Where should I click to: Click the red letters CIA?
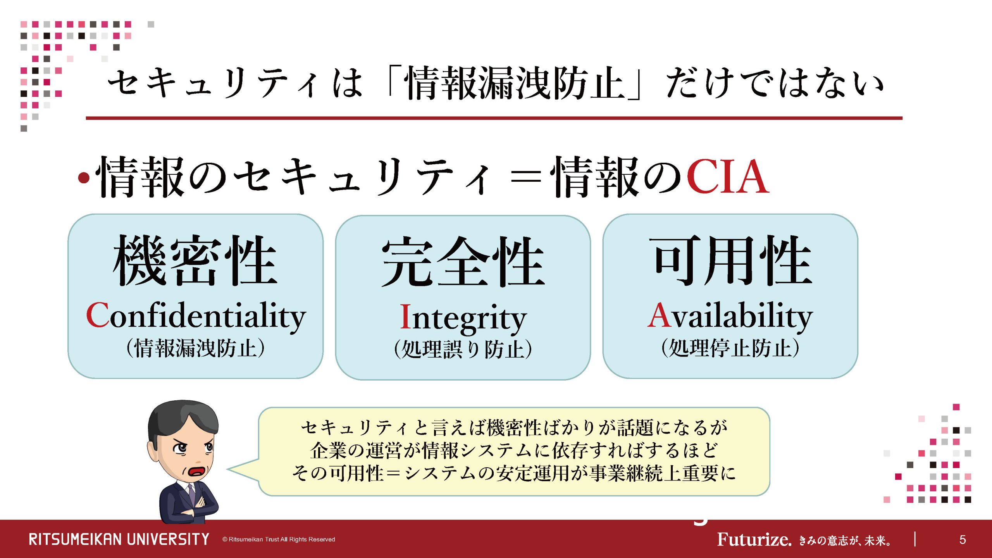click(728, 176)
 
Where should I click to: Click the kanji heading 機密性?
click(195, 260)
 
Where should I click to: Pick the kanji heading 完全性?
click(463, 262)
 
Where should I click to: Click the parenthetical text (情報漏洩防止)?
click(196, 348)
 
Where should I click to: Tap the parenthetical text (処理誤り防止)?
click(463, 349)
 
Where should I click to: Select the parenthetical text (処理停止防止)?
click(730, 348)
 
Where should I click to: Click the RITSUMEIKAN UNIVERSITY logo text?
click(119, 539)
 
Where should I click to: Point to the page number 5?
click(963, 540)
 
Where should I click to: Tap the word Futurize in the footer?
click(754, 539)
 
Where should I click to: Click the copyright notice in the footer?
click(279, 539)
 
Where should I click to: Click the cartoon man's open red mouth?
click(197, 471)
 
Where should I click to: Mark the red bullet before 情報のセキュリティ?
click(84, 178)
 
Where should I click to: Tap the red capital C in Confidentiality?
click(98, 315)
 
